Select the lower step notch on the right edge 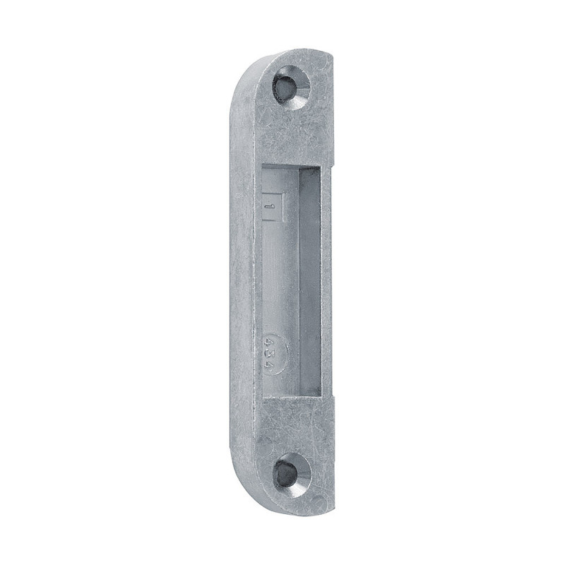tap(329, 401)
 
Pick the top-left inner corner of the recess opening tap(262, 165)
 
